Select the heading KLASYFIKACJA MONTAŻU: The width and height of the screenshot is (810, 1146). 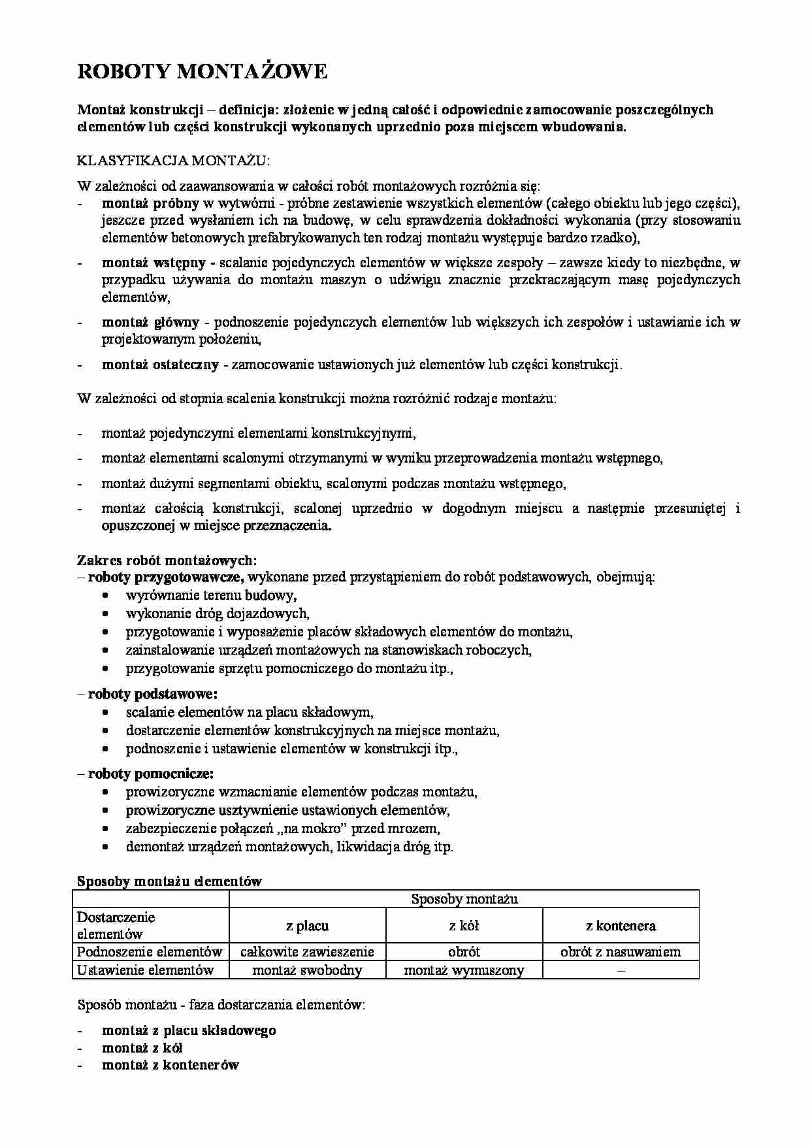tap(173, 161)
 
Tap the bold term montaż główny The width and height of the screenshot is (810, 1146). tap(150, 321)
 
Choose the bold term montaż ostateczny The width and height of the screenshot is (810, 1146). tap(160, 365)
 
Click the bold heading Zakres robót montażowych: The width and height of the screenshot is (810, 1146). tap(167, 560)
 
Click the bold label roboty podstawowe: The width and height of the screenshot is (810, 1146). tap(152, 694)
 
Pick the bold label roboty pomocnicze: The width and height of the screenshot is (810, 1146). tap(150, 774)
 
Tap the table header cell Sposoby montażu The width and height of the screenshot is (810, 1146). tap(464, 899)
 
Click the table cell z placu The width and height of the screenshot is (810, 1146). tap(307, 926)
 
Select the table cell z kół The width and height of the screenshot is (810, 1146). tap(464, 926)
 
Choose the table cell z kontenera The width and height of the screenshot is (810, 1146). tap(621, 926)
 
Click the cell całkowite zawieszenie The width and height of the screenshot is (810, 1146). tap(307, 952)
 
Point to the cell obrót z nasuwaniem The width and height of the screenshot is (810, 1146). tap(621, 952)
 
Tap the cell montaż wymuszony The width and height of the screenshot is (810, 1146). tap(464, 970)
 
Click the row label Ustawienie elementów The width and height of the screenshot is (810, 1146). tap(145, 970)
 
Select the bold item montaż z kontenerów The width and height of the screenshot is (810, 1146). tap(170, 1065)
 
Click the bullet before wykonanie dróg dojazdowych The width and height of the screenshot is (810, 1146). tap(106, 614)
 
